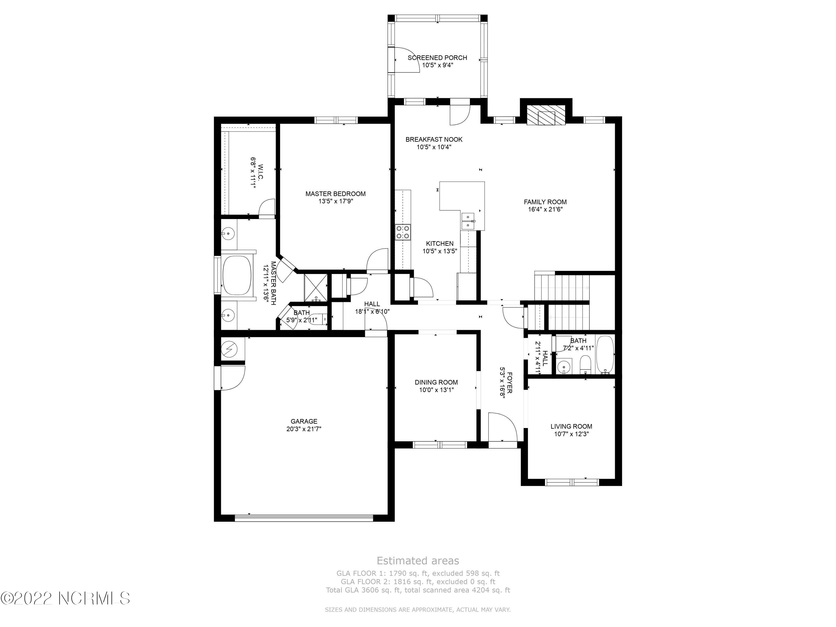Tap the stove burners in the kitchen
(x=403, y=232)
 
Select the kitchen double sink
(x=468, y=221)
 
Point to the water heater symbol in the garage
(x=229, y=349)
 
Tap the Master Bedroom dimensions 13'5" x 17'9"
(x=336, y=201)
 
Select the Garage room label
(x=304, y=421)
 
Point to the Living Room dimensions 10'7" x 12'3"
(x=572, y=434)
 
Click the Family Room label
(x=545, y=202)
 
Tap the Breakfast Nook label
(x=434, y=139)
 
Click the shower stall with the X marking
(x=315, y=288)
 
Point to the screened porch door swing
(x=407, y=60)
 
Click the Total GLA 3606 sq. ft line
(x=418, y=590)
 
